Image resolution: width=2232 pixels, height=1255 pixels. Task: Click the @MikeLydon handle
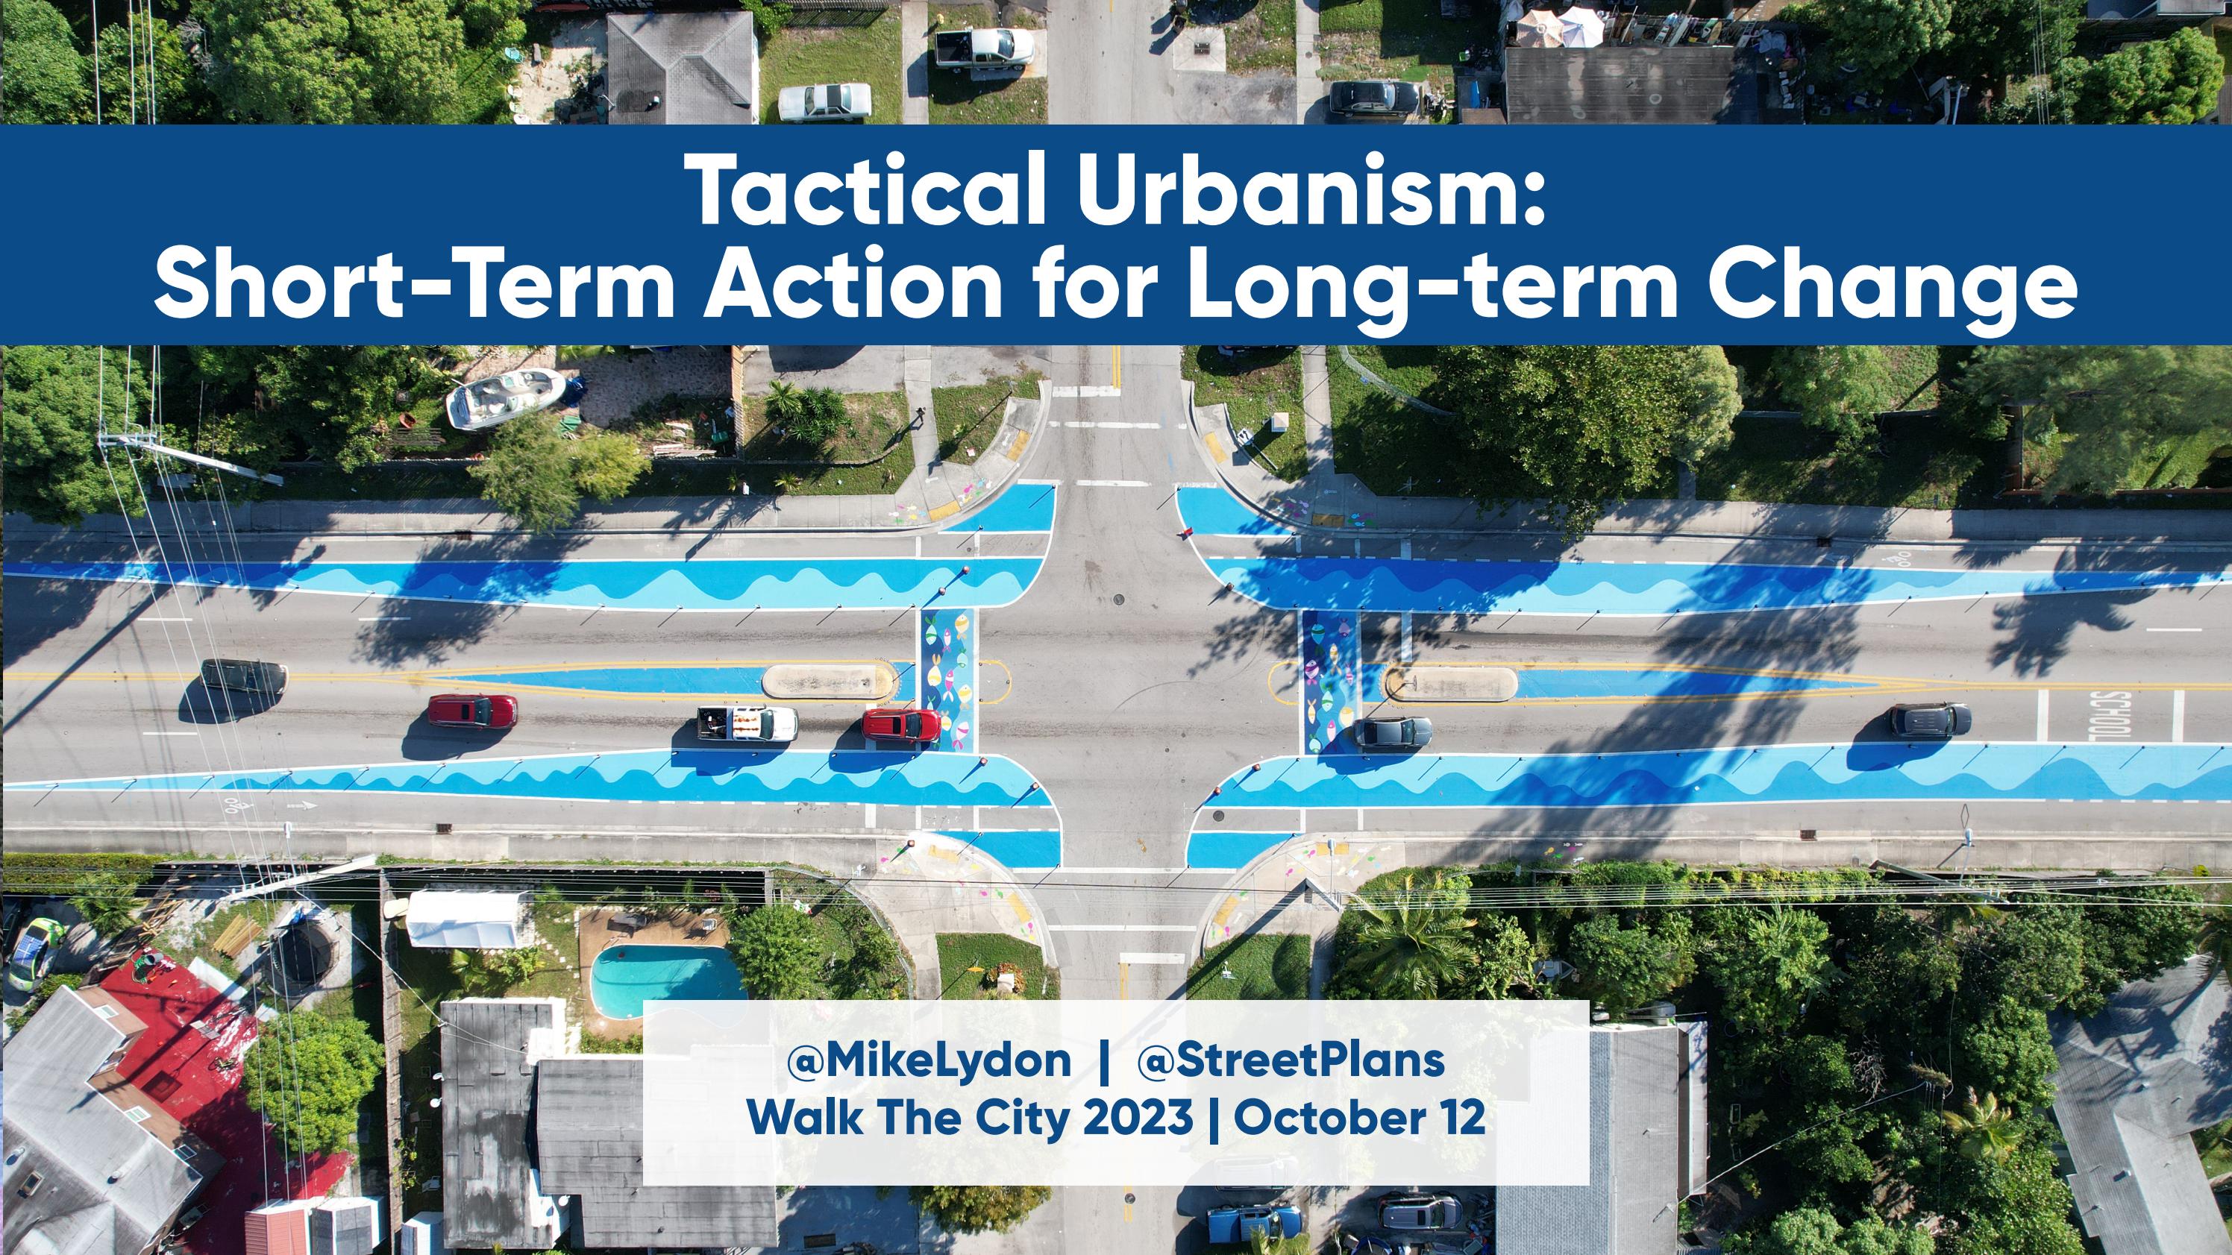929,1063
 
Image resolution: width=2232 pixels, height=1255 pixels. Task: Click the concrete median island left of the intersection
827,682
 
